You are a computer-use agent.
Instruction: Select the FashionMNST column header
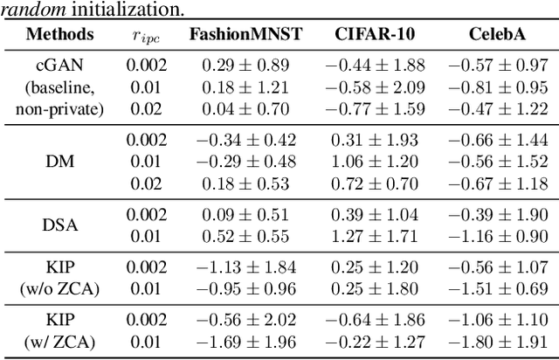point(245,36)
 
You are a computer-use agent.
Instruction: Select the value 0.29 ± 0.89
point(245,66)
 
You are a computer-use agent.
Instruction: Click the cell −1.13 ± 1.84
point(245,267)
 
